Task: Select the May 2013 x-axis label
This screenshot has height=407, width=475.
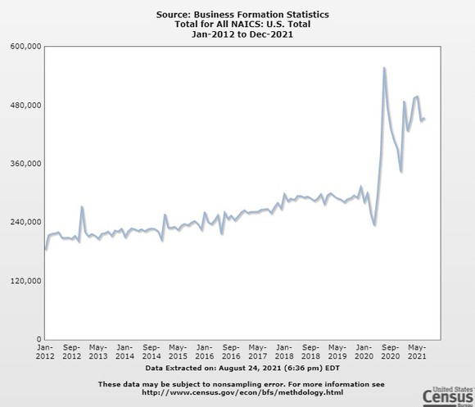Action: coord(97,352)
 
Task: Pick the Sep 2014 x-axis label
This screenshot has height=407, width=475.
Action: coord(152,352)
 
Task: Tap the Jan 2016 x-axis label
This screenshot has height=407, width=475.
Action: coord(205,352)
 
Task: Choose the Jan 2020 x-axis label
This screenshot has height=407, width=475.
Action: coord(365,352)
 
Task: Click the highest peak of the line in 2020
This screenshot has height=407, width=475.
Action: coord(384,69)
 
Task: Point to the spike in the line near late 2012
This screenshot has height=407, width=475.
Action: coord(82,207)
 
